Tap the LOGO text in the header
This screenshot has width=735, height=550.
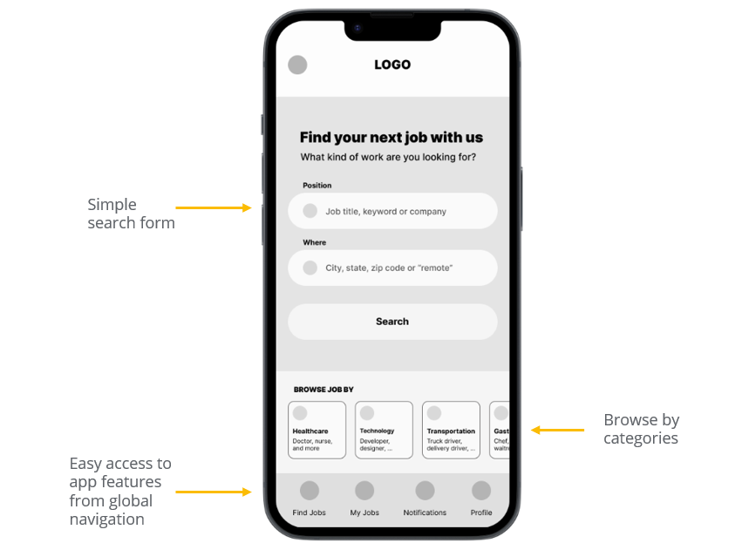click(x=392, y=65)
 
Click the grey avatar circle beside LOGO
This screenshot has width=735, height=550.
click(x=297, y=65)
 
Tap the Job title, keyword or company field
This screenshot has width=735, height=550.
click(x=392, y=211)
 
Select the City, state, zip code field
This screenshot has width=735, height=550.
click(x=392, y=268)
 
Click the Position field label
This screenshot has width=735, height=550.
click(x=316, y=186)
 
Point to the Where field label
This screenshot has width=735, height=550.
click(x=314, y=242)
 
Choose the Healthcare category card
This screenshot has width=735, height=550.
click(x=316, y=430)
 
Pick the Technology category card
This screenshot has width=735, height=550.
click(x=384, y=430)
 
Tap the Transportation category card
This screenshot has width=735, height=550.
click(x=451, y=430)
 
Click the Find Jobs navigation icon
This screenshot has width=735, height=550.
click(x=310, y=491)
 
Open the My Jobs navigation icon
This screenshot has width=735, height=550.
click(x=364, y=491)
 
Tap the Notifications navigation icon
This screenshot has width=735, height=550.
click(x=425, y=491)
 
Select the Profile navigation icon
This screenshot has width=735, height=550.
click(x=481, y=491)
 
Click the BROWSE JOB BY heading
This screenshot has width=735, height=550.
click(x=323, y=390)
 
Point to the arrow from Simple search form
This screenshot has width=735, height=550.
click(x=214, y=207)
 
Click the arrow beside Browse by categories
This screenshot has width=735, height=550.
click(x=558, y=430)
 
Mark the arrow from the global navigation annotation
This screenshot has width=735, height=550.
click(x=214, y=492)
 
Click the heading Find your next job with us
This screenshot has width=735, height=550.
click(x=391, y=137)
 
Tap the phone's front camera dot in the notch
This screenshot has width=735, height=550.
click(x=357, y=28)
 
